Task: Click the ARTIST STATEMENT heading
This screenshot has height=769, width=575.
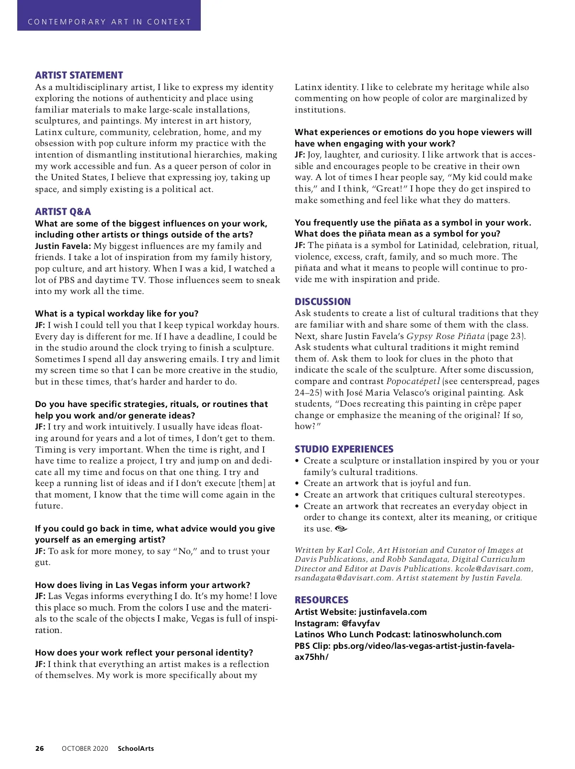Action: [79, 75]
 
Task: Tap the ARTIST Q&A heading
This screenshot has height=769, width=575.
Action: [63, 212]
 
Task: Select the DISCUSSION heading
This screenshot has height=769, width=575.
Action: [322, 302]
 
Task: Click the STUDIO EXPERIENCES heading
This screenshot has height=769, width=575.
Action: [344, 449]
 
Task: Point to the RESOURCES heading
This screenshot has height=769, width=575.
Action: [322, 600]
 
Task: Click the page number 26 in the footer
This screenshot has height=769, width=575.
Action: [39, 748]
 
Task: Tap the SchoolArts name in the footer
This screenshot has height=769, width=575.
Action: [136, 748]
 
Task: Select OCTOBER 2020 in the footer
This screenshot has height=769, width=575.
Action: [85, 748]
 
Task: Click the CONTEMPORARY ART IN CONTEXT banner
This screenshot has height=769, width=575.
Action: [109, 22]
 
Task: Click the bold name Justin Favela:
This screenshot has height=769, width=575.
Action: [63, 246]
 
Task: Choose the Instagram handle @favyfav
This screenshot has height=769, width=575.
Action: [360, 623]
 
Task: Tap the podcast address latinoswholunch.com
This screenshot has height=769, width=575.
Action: [457, 634]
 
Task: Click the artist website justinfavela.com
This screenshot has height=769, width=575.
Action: [392, 612]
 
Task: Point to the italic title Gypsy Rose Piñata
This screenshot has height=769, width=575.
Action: [446, 336]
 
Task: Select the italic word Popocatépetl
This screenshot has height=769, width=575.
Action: [413, 381]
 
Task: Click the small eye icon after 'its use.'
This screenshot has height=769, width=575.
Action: [341, 529]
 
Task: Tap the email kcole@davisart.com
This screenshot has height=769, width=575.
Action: [494, 568]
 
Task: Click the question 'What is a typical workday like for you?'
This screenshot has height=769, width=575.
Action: [116, 314]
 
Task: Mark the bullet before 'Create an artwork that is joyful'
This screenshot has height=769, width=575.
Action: [298, 483]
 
